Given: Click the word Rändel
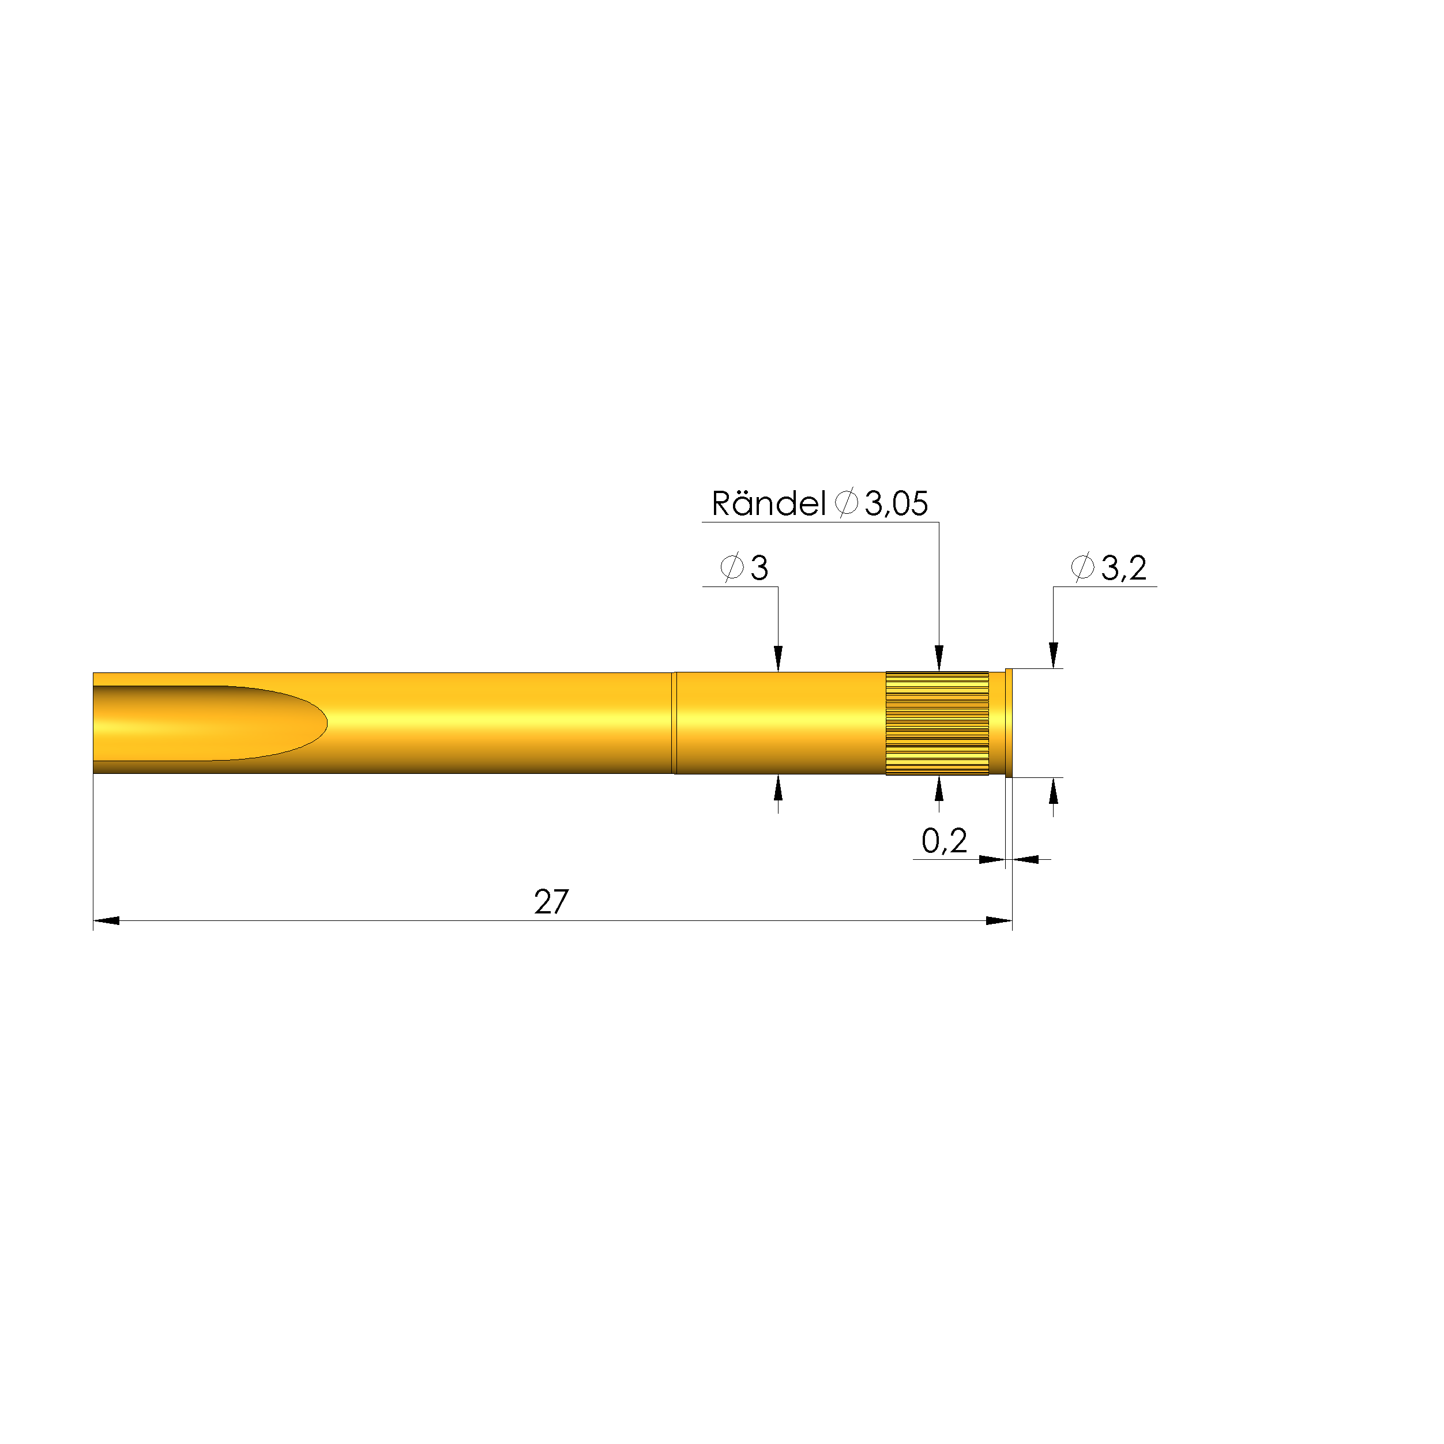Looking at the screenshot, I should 768,504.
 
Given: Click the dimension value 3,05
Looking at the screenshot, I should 896,504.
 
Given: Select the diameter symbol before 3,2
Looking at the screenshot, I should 1082,567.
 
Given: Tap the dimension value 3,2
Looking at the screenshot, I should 1123,568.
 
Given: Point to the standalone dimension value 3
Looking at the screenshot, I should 759,568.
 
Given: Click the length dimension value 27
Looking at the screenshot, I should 551,902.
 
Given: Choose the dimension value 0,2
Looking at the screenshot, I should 944,841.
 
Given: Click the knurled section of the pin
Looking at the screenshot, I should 937,723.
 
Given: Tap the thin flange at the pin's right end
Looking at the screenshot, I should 1009,723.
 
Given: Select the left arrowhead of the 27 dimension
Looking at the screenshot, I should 106,921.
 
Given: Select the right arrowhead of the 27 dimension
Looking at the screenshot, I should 999,921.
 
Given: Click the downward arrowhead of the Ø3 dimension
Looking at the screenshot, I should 778,659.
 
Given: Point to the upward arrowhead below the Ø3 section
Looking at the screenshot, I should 778,788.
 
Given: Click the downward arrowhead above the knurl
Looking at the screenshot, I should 939,659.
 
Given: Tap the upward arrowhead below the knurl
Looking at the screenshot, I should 939,790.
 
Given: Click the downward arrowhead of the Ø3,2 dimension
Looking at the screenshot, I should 1053,656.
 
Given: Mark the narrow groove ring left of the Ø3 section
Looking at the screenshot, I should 674,723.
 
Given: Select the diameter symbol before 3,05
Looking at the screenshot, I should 846,502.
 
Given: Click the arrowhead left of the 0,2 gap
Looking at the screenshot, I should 992,859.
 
